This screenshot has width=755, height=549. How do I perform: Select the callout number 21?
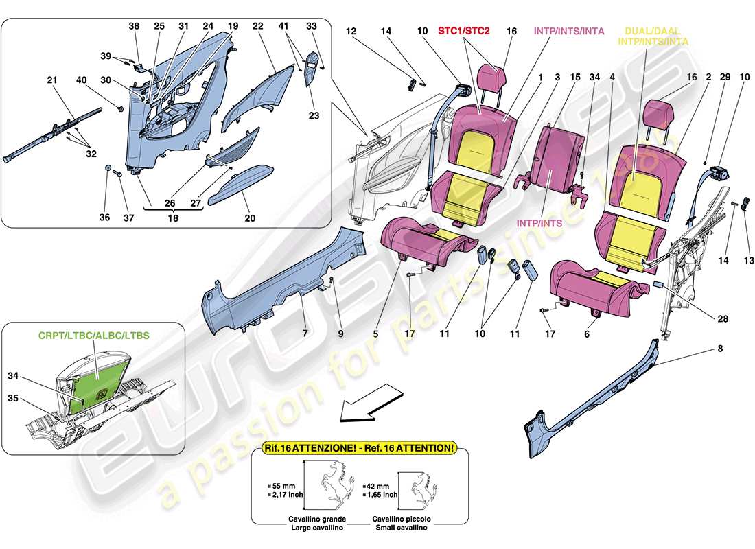click(52, 81)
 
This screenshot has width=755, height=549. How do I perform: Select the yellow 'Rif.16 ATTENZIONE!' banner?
click(358, 447)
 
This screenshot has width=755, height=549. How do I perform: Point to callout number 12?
click(352, 31)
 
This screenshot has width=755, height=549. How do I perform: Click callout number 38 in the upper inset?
click(134, 26)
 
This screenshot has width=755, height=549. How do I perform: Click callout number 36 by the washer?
click(105, 218)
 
